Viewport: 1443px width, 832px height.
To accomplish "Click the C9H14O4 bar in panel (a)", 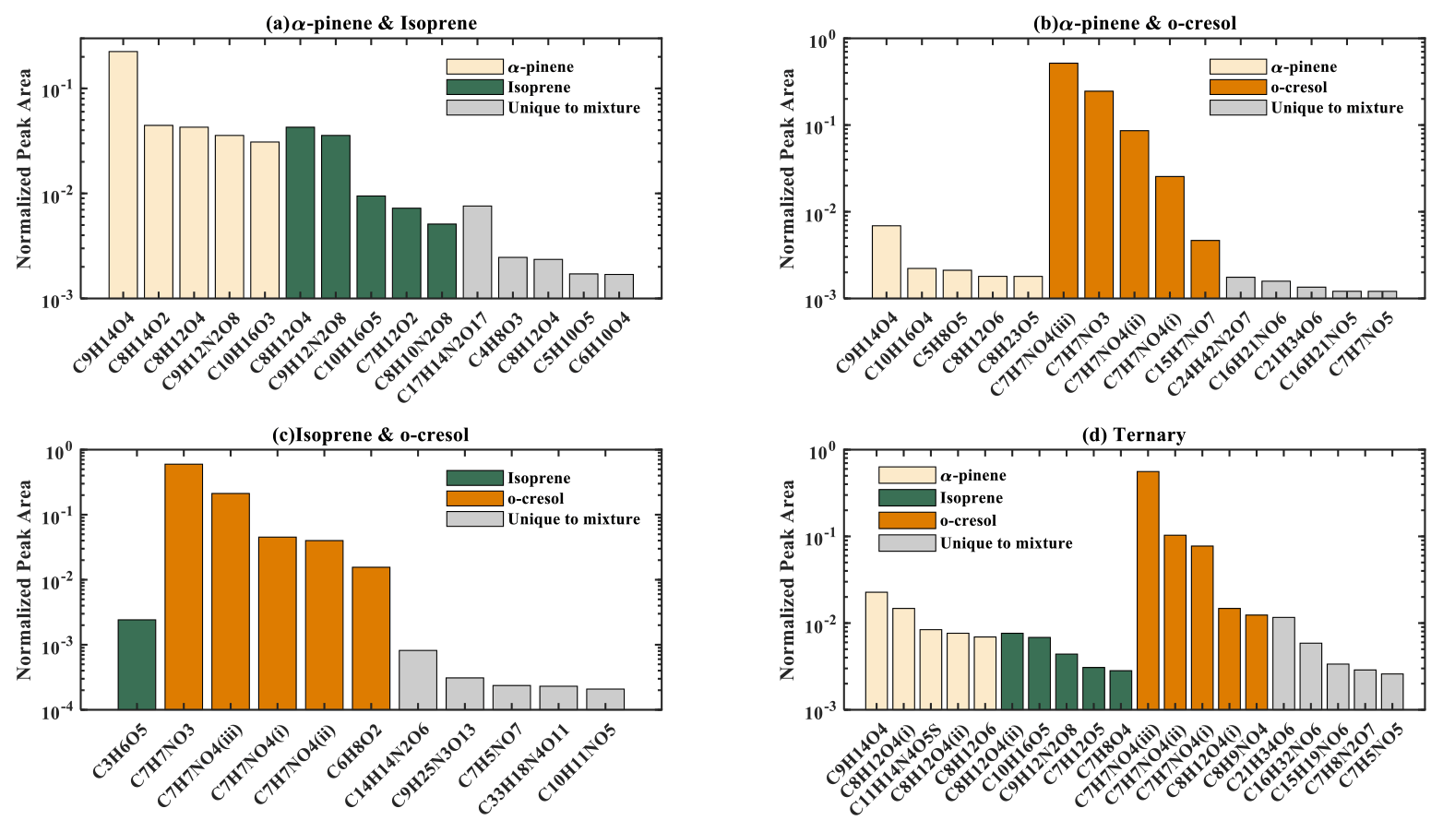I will tap(123, 175).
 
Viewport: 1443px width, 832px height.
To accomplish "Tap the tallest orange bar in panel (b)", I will tap(1063, 181).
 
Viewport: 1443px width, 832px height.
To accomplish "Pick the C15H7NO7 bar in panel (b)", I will tap(1205, 269).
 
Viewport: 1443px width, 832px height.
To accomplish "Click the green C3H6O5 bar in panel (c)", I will tap(137, 664).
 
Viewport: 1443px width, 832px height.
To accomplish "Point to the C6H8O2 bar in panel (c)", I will tap(371, 638).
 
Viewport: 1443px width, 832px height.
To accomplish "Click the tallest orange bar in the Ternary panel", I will tap(1148, 590).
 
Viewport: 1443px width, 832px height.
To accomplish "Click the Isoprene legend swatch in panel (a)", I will tap(474, 88).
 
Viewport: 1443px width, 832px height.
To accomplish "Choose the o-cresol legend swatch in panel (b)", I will tap(1237, 88).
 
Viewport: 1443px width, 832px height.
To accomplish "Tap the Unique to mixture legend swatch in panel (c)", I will tap(474, 519).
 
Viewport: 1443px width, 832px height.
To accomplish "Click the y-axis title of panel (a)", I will tap(25, 169).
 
